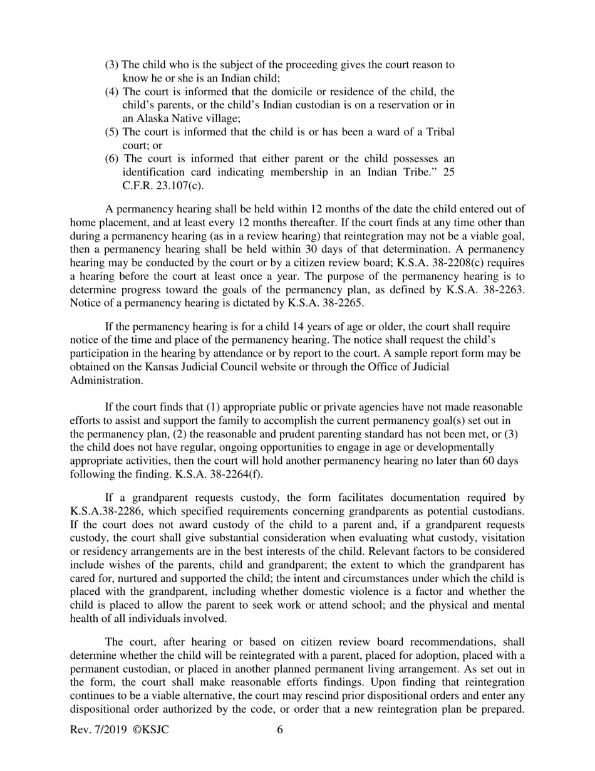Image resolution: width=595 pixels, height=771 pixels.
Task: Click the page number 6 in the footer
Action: click(280, 730)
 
